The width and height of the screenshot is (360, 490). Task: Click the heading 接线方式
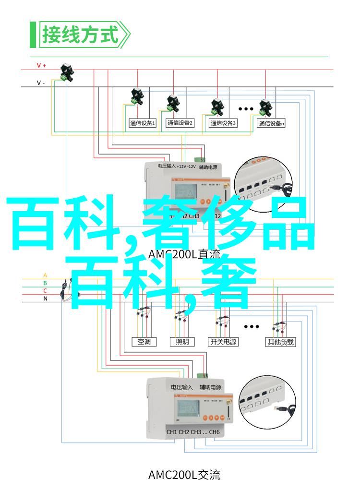pyautogui.click(x=80, y=35)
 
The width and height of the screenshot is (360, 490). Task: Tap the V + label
pyautogui.click(x=41, y=65)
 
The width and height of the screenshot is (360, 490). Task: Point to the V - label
pyautogui.click(x=41, y=83)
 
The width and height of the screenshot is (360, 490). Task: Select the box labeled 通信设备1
pyautogui.click(x=142, y=123)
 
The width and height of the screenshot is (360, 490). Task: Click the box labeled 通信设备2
pyautogui.click(x=180, y=123)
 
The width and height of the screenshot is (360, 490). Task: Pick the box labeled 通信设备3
pyautogui.click(x=223, y=123)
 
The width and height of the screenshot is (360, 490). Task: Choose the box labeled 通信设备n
pyautogui.click(x=271, y=123)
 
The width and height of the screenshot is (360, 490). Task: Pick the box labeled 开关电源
pyautogui.click(x=223, y=342)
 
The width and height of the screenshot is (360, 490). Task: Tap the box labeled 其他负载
pyautogui.click(x=280, y=342)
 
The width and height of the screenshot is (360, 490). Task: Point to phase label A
pyautogui.click(x=45, y=275)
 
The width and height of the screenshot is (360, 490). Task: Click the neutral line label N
pyautogui.click(x=45, y=298)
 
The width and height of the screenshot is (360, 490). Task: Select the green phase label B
pyautogui.click(x=45, y=283)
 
